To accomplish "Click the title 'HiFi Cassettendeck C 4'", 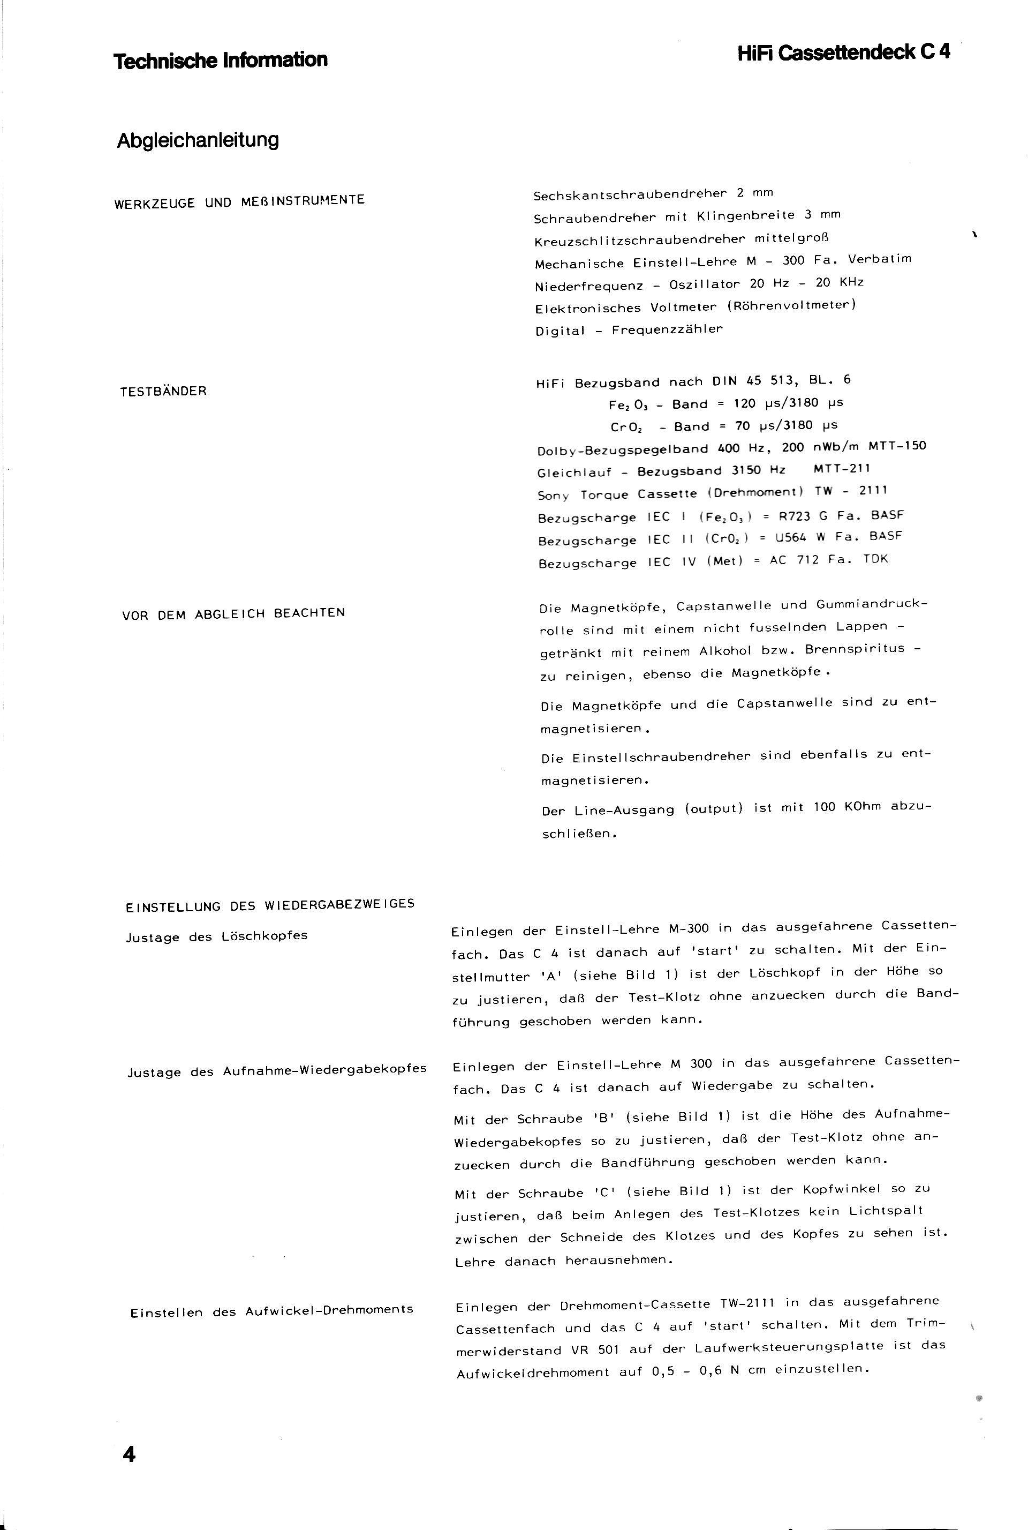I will pyautogui.click(x=843, y=53).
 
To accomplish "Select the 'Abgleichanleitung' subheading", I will pyautogui.click(x=198, y=140).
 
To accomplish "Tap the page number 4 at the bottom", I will pyautogui.click(x=129, y=1454).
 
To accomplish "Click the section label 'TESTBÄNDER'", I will pyautogui.click(x=163, y=392).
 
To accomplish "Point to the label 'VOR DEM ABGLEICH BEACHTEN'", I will pyautogui.click(x=233, y=614).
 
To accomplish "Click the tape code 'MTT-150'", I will pyautogui.click(x=897, y=446).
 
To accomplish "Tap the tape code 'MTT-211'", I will pyautogui.click(x=842, y=468).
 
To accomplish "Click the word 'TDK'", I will pyautogui.click(x=875, y=559).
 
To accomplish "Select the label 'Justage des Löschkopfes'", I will pyautogui.click(x=216, y=936).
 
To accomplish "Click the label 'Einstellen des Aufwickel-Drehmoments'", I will pyautogui.click(x=271, y=1311).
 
